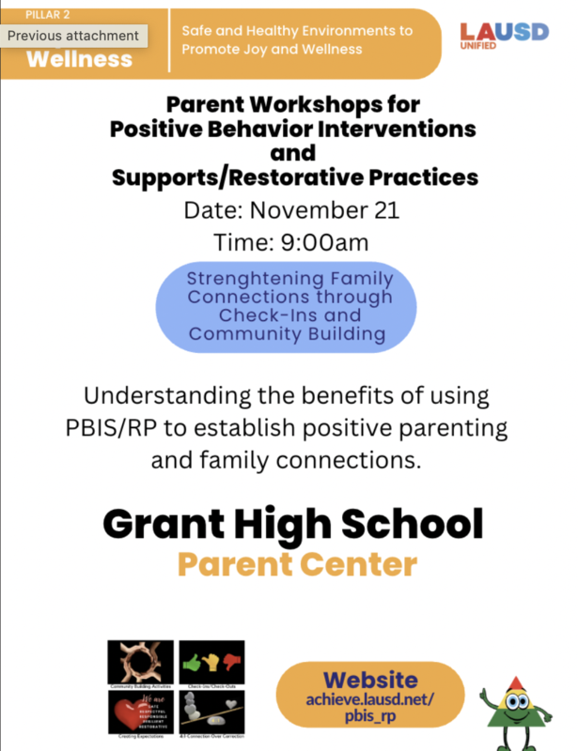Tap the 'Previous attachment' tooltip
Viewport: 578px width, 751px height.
point(73,37)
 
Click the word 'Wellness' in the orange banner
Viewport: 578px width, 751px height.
point(80,60)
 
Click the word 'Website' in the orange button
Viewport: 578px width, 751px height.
point(370,679)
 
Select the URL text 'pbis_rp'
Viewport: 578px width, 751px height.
point(370,719)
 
